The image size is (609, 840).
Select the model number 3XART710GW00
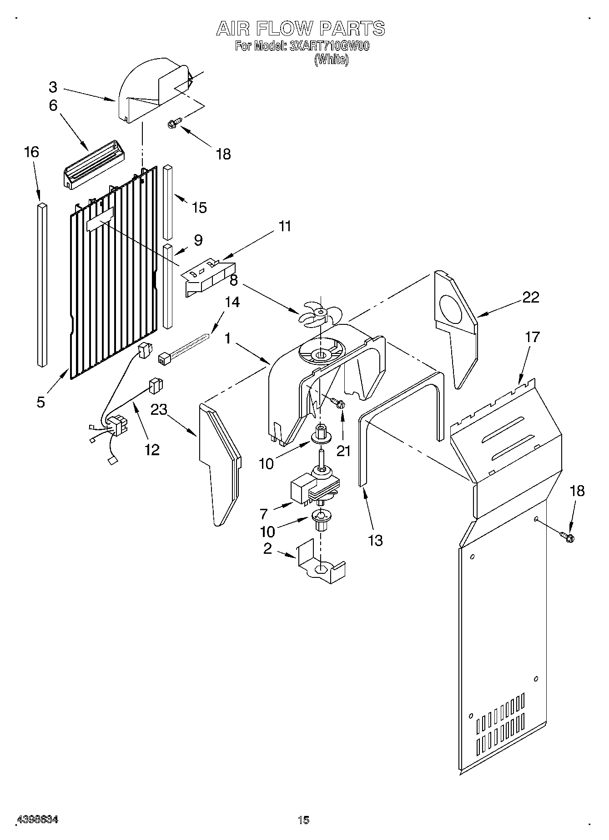click(329, 46)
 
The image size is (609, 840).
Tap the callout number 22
click(530, 297)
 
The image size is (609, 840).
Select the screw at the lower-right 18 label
click(568, 537)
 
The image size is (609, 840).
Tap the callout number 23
click(159, 409)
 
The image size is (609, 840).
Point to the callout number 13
click(375, 541)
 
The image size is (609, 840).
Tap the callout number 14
click(232, 302)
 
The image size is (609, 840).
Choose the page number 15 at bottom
click(303, 820)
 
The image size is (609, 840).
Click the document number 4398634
click(37, 820)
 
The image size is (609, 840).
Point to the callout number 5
click(41, 402)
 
